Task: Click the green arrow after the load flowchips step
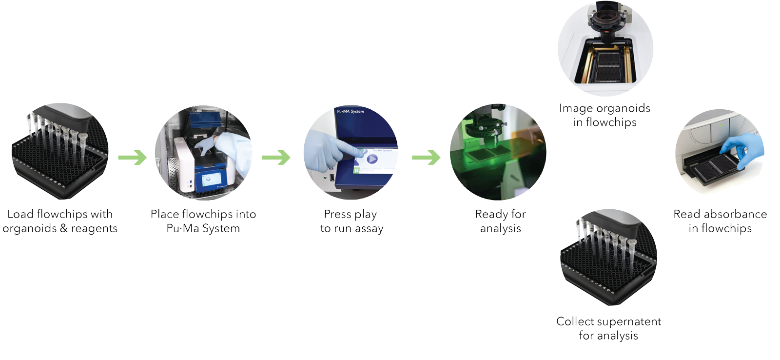click(133, 158)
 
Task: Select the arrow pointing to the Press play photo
click(276, 158)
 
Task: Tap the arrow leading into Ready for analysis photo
click(426, 158)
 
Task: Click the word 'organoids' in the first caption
click(30, 229)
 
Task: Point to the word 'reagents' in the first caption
click(95, 229)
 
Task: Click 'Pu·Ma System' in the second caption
click(203, 228)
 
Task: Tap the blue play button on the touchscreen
click(372, 159)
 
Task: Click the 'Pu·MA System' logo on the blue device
click(351, 111)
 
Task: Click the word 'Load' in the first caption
click(20, 214)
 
